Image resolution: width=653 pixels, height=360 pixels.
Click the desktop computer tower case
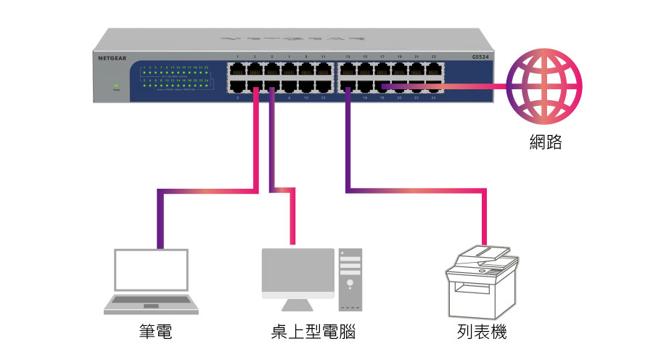pyautogui.click(x=350, y=276)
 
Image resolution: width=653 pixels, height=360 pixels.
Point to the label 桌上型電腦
pyautogui.click(x=312, y=332)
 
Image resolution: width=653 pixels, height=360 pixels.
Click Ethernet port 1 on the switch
pyautogui.click(x=237, y=70)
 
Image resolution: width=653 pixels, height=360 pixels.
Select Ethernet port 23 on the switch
pyautogui.click(x=434, y=70)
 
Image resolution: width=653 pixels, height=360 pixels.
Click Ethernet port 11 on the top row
pyautogui.click(x=324, y=70)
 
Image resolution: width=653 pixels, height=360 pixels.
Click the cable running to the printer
pyautogui.click(x=414, y=192)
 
